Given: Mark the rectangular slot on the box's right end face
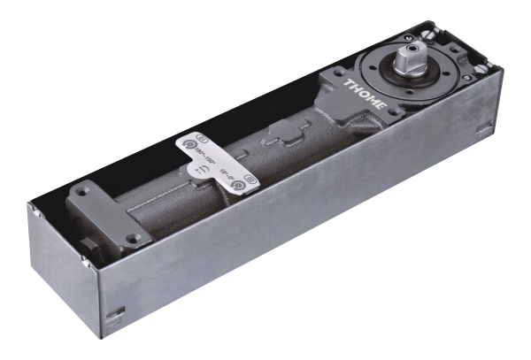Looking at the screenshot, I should (x=484, y=131).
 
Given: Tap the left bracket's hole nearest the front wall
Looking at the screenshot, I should (x=132, y=237).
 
